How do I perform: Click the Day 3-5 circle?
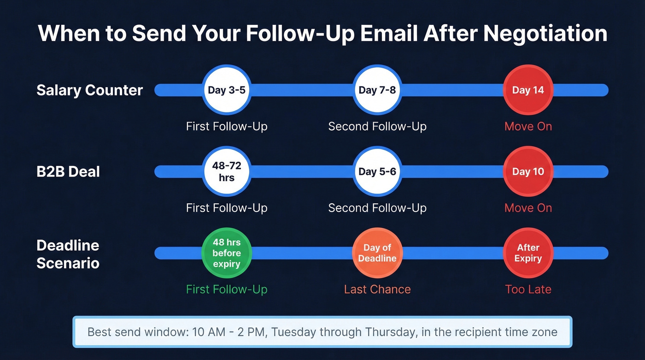click(x=227, y=90)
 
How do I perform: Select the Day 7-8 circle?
click(x=377, y=90)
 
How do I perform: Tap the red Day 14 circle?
click(x=528, y=90)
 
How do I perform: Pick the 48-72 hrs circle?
click(x=227, y=171)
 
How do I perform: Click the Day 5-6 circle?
click(x=377, y=171)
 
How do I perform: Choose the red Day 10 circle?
click(x=528, y=171)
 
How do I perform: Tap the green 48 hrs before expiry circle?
click(x=227, y=253)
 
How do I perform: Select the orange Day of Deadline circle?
click(x=377, y=253)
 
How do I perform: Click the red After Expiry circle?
click(x=528, y=253)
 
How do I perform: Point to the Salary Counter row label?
click(x=90, y=90)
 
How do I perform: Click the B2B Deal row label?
click(x=68, y=171)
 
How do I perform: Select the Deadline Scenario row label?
click(x=68, y=254)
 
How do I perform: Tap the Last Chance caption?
click(x=377, y=289)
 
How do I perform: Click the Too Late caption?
click(x=528, y=289)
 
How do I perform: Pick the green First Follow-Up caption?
click(x=227, y=289)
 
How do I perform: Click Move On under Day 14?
click(x=528, y=126)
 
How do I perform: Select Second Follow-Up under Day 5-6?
click(x=377, y=208)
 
